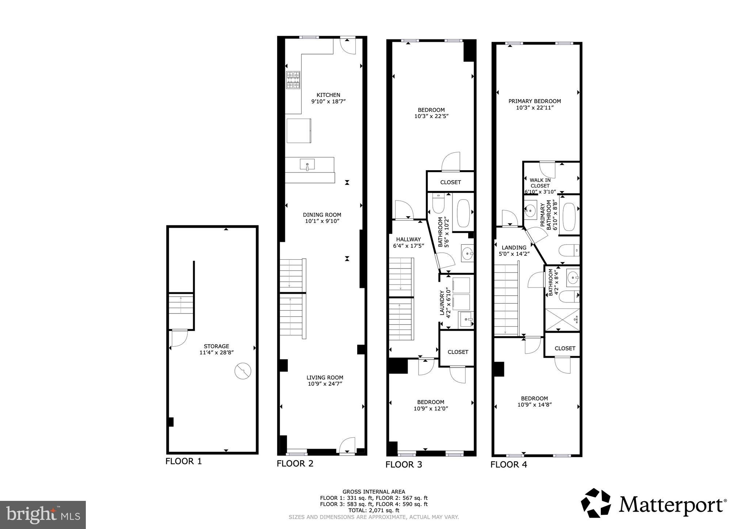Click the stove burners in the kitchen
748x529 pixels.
click(293, 80)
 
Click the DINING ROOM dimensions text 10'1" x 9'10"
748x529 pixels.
click(322, 221)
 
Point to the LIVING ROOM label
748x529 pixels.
click(325, 378)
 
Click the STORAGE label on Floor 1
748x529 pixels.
click(217, 346)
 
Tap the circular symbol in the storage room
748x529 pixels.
click(243, 371)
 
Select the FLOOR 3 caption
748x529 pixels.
click(404, 464)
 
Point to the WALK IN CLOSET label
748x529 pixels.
click(540, 183)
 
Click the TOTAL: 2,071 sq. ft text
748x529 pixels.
click(374, 510)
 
